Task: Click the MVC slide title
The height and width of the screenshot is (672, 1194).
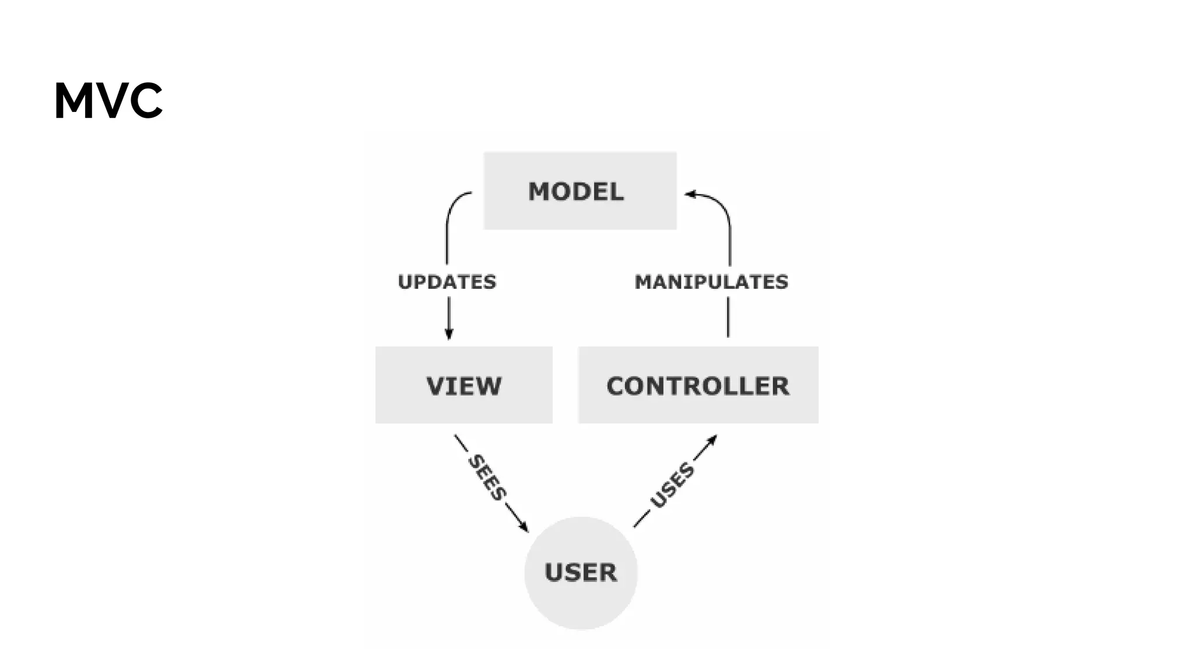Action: point(108,101)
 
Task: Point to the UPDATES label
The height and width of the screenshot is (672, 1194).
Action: point(447,282)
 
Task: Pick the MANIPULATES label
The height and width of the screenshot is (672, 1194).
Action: point(711,282)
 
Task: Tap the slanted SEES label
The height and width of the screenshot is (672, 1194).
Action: point(487,477)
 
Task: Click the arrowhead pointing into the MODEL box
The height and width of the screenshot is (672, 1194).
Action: point(690,194)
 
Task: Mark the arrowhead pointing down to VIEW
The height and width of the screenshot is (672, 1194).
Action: point(449,334)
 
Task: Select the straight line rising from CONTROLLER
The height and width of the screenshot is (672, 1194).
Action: point(728,317)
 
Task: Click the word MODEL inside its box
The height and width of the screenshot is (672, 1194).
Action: point(576,192)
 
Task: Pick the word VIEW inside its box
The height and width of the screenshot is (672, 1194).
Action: point(463,386)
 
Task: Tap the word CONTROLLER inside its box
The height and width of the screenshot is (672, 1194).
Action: point(698,386)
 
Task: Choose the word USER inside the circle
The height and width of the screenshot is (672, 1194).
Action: point(581,572)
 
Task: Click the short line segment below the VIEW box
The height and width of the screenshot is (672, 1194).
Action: point(461,443)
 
